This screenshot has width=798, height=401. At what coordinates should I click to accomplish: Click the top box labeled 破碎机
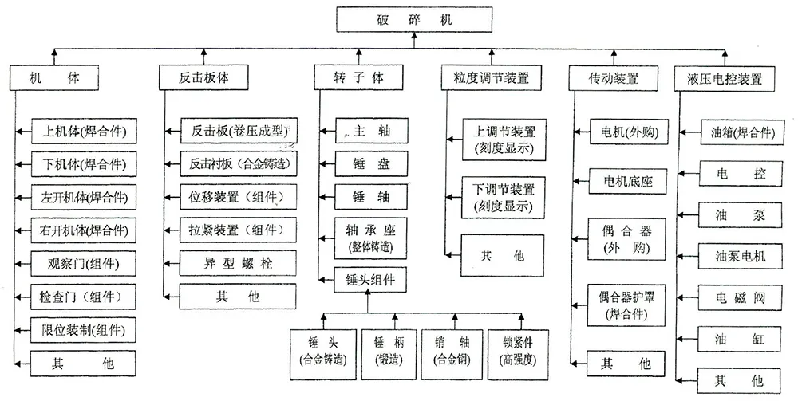click(x=414, y=19)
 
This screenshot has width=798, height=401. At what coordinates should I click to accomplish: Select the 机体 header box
click(x=54, y=78)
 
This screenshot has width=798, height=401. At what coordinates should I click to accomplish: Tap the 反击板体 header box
click(x=203, y=78)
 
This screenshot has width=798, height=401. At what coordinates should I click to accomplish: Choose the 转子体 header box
click(x=358, y=78)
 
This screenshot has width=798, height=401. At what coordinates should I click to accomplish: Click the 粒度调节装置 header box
click(x=491, y=78)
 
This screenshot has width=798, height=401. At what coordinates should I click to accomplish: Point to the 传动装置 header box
click(x=613, y=78)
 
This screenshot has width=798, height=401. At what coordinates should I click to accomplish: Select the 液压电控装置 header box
click(x=725, y=79)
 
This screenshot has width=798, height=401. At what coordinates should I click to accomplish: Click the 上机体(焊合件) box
click(x=84, y=131)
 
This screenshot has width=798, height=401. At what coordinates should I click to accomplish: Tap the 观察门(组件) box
click(x=84, y=264)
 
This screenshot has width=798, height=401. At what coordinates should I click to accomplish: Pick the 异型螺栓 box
click(x=238, y=263)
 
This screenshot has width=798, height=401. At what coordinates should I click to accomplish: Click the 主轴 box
click(x=372, y=131)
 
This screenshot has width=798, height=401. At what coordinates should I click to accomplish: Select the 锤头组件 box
click(x=370, y=280)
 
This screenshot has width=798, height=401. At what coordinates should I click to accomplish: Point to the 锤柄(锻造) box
click(x=389, y=354)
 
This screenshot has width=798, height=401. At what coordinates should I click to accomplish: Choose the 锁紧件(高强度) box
click(x=518, y=354)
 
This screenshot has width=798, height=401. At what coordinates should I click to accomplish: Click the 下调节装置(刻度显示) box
click(x=503, y=197)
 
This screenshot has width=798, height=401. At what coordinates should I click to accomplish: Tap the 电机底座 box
click(x=628, y=181)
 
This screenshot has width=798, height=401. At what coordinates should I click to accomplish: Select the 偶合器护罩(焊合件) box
click(x=626, y=305)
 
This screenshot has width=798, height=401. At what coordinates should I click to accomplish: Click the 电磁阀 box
click(x=740, y=298)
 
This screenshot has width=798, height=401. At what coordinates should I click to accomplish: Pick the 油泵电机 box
click(x=740, y=256)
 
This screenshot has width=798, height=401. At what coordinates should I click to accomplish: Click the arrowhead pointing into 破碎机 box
click(x=414, y=36)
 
